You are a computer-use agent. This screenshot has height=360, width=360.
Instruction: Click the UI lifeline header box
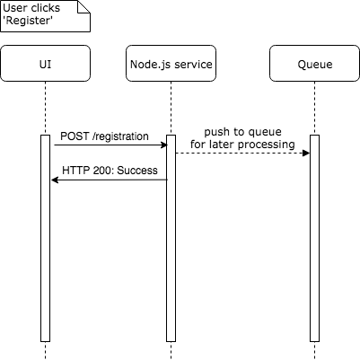point(45,64)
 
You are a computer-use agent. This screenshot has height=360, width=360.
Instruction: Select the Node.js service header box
point(171,64)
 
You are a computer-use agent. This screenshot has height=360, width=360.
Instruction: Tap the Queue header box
point(314,64)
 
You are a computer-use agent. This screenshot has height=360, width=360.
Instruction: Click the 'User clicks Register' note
point(45,16)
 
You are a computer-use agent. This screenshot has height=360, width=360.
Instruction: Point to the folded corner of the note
point(83,6)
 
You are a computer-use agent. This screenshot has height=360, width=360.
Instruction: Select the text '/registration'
point(120,136)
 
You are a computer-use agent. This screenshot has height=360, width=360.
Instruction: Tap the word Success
point(137,171)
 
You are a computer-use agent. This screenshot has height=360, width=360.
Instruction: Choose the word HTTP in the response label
point(76,171)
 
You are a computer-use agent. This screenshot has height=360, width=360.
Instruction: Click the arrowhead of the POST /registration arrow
point(164,145)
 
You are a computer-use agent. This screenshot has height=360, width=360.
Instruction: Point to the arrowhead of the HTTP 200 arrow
point(55,180)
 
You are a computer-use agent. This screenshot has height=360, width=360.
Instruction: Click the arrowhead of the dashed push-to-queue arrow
point(306,154)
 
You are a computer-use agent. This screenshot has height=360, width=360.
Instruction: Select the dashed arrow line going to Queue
point(242,154)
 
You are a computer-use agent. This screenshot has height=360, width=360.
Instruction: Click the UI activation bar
point(45,238)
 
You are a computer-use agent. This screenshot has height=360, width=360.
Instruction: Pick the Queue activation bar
point(314,238)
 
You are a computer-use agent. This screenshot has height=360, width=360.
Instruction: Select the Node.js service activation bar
point(171,238)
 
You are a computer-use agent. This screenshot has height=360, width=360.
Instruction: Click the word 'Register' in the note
point(28,22)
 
